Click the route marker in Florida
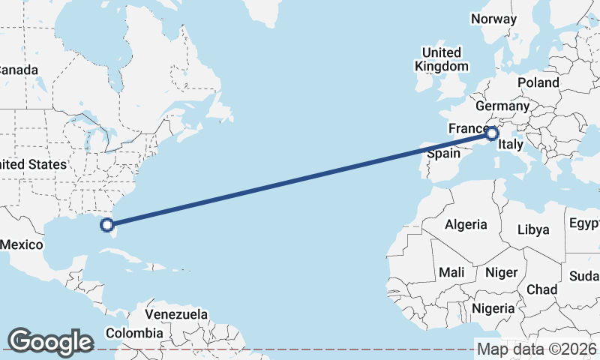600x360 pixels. (107, 224)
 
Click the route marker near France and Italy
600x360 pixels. (491, 134)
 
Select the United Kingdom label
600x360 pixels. (441, 59)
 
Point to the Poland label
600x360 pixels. (538, 82)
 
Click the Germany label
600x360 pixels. (502, 106)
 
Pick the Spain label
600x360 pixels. (442, 154)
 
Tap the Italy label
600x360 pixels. (511, 145)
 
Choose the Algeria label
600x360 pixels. (466, 224)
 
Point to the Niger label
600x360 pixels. (501, 272)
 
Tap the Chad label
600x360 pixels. (542, 289)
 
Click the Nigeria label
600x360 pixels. (493, 308)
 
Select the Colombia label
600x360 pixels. (133, 333)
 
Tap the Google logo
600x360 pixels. (50, 341)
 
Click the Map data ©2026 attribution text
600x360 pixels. (536, 349)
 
